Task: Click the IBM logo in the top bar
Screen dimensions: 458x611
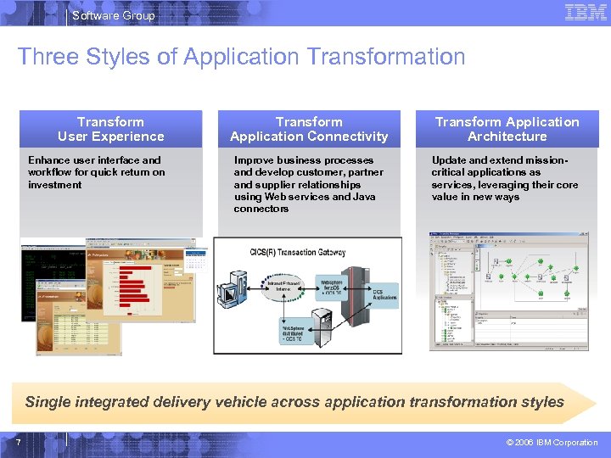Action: tap(586, 13)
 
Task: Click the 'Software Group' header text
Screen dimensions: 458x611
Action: tap(114, 15)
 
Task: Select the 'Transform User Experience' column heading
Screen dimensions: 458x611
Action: tap(110, 129)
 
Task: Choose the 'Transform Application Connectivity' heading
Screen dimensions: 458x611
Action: tap(309, 129)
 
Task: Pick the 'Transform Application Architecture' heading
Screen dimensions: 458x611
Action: tap(507, 129)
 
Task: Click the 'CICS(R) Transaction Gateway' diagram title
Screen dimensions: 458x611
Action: tap(308, 251)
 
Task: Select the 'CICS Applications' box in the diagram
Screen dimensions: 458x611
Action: tap(384, 295)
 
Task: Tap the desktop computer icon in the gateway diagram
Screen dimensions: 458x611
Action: tap(231, 293)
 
